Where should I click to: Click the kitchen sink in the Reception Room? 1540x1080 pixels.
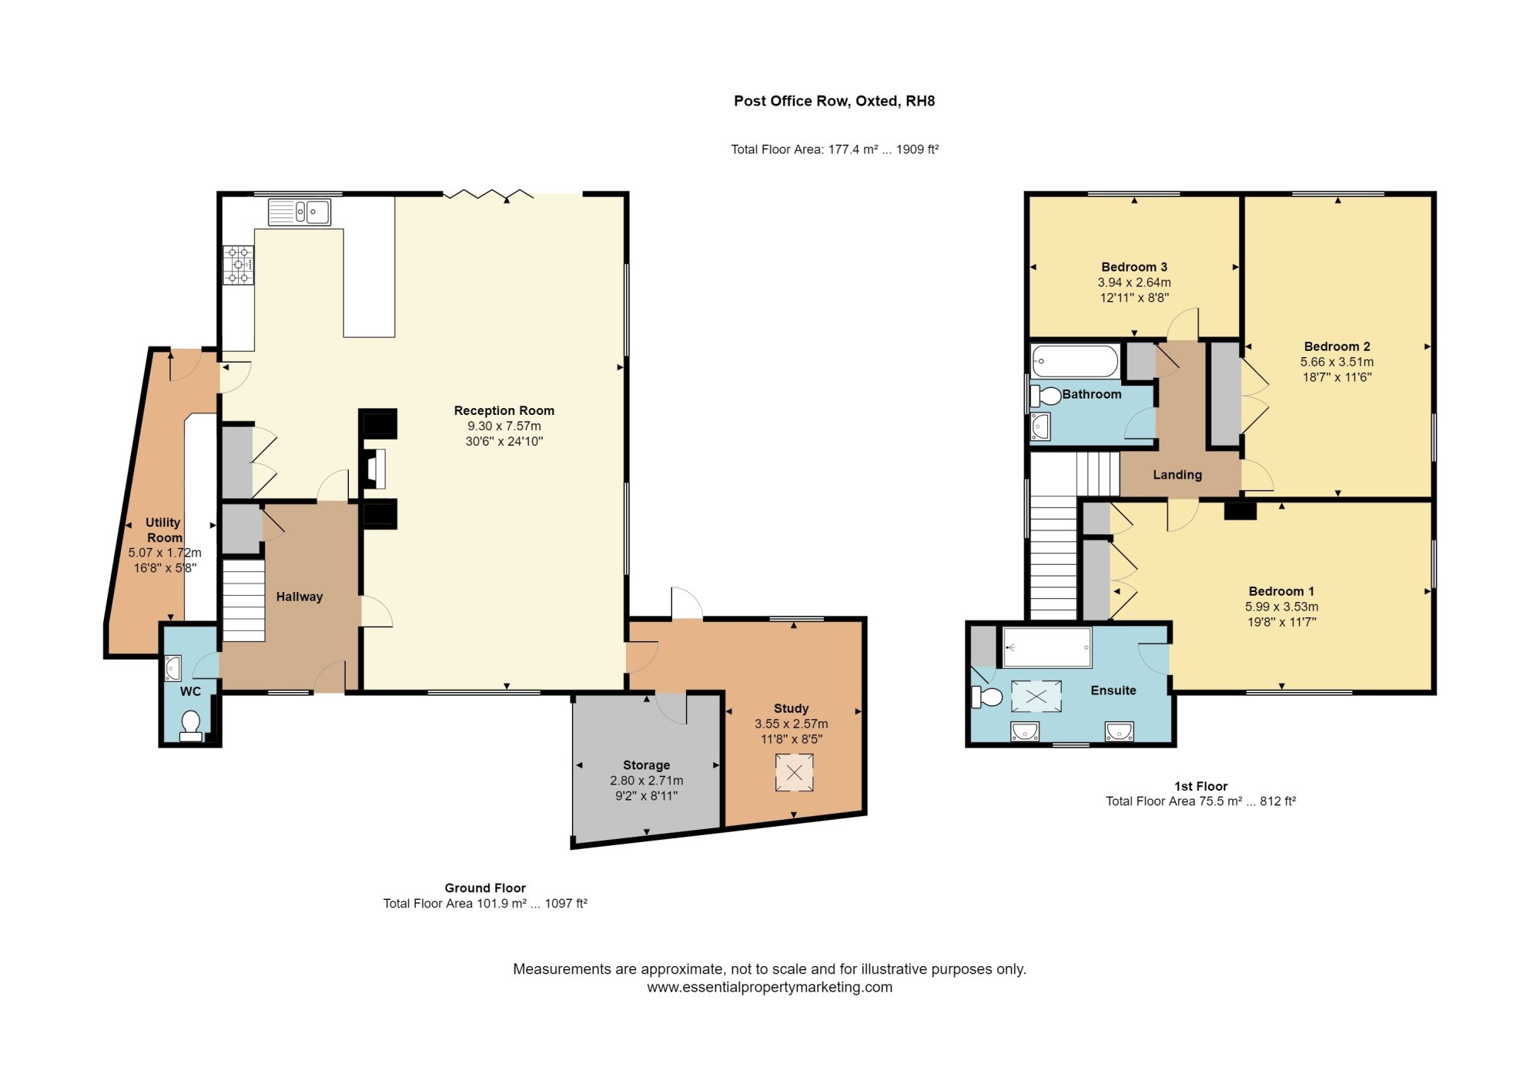click(x=300, y=212)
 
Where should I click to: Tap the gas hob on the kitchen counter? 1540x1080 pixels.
click(x=238, y=265)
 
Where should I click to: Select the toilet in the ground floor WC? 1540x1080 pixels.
click(x=190, y=724)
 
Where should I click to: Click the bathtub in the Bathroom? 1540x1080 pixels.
click(x=1075, y=361)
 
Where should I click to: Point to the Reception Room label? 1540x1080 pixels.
click(x=504, y=410)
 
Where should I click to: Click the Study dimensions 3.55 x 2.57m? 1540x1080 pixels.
click(x=791, y=724)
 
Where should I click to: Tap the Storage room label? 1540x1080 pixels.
click(x=646, y=765)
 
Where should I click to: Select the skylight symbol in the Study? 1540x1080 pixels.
click(x=794, y=773)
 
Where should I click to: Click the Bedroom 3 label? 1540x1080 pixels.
click(x=1133, y=267)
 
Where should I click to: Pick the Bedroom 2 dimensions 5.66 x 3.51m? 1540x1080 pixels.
click(x=1337, y=362)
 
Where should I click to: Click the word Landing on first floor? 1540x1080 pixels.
click(x=1177, y=475)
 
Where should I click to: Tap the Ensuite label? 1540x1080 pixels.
click(x=1113, y=690)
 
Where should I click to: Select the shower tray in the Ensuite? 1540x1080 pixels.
click(x=1047, y=647)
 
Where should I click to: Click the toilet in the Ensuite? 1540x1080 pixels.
click(x=987, y=697)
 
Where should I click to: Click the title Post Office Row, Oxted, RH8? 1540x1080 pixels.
click(x=834, y=101)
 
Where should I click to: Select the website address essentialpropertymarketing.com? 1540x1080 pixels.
click(x=769, y=988)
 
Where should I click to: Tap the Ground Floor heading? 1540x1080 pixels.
click(x=484, y=888)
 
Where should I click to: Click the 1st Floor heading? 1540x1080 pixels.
click(x=1200, y=786)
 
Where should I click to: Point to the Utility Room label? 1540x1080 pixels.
click(x=164, y=530)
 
